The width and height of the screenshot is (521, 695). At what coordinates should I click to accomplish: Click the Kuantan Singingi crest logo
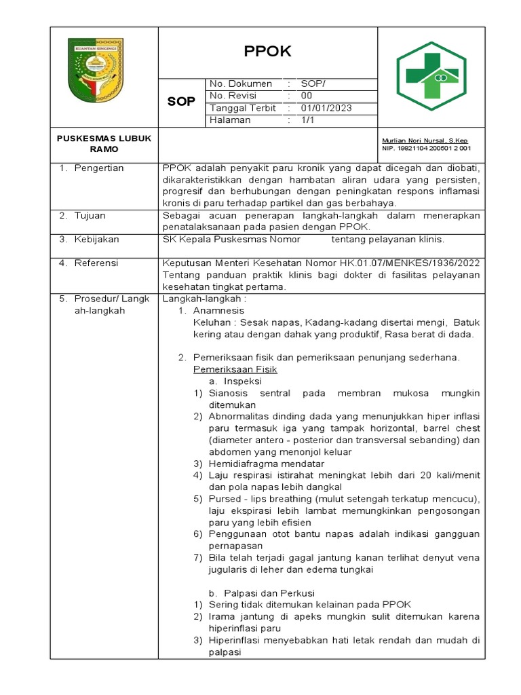96,71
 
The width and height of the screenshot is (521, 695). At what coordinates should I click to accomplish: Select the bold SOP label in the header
181,102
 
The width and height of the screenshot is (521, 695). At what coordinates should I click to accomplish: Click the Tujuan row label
90,216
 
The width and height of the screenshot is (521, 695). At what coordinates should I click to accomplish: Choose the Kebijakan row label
97,240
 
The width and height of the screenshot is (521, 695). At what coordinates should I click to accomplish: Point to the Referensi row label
96,263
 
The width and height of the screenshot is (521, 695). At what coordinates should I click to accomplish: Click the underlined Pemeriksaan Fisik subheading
235,369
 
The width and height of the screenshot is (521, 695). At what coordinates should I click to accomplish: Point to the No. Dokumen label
241,83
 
